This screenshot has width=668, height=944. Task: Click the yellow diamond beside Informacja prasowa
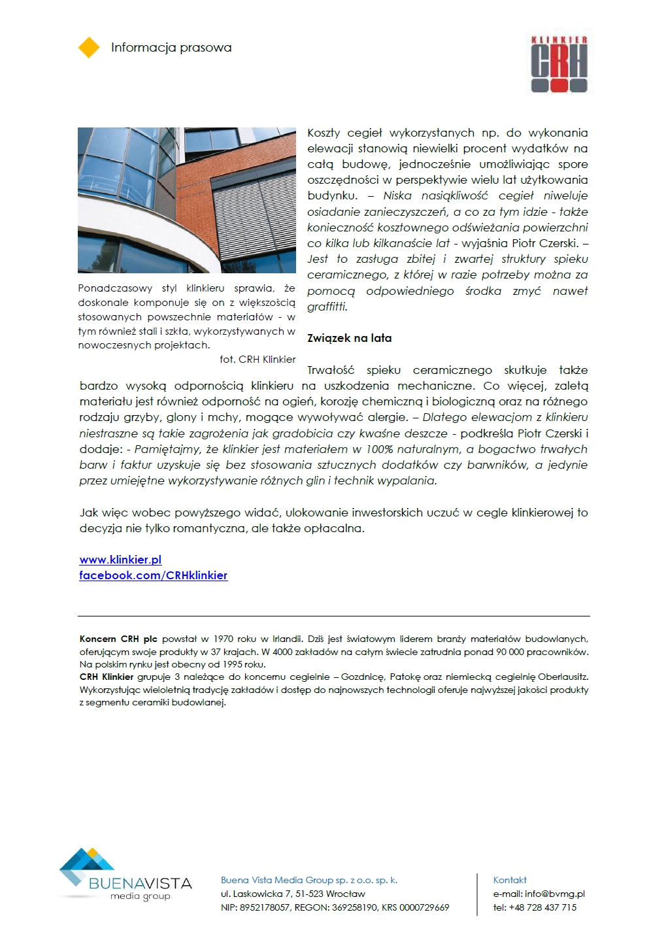[x=89, y=48]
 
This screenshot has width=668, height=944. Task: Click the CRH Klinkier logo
[x=559, y=64]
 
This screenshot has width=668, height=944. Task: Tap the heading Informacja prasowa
[x=171, y=48]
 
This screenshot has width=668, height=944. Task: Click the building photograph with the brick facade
[x=187, y=200]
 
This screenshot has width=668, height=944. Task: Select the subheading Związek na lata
[x=350, y=338]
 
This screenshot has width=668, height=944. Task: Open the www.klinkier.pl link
[x=120, y=560]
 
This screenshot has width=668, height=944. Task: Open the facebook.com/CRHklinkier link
[x=154, y=575]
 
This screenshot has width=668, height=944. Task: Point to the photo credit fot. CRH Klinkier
[x=258, y=359]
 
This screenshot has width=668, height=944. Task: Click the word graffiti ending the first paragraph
[x=327, y=307]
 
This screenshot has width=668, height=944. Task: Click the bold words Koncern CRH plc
[x=118, y=639]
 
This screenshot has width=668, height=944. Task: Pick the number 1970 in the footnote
[x=224, y=639]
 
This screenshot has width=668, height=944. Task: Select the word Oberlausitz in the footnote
[x=563, y=677]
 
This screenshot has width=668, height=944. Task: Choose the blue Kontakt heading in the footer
[x=510, y=880]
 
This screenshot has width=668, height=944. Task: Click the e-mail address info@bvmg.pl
[x=555, y=894]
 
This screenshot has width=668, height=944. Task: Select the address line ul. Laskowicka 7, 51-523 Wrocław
[x=293, y=894]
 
